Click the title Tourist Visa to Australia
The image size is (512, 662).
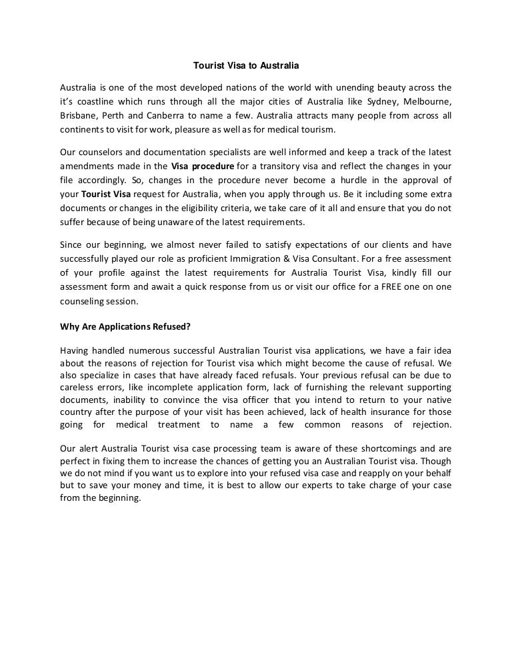247,67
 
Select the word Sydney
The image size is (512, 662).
375,101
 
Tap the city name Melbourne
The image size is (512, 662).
427,101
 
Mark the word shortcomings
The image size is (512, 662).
380,448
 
